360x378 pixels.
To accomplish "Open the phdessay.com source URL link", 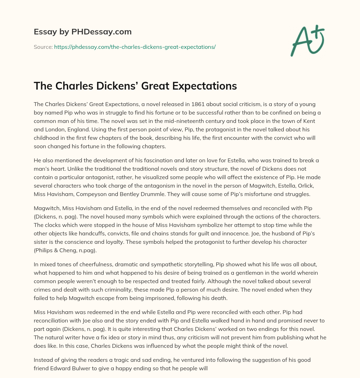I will (x=135, y=47).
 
